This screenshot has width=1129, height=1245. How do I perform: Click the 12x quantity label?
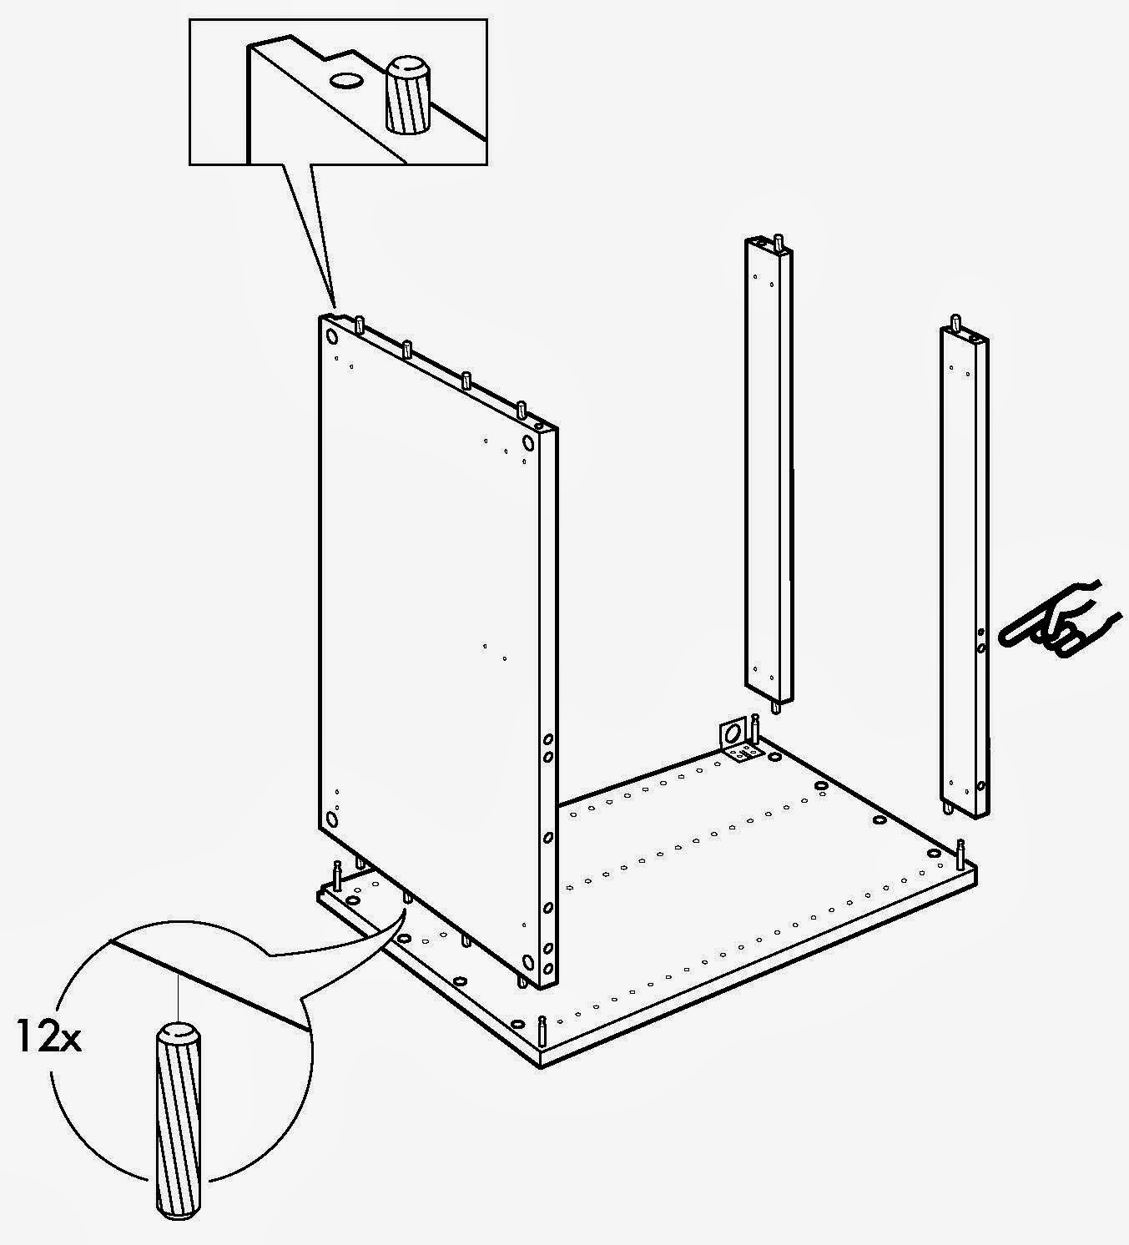[x=48, y=1039]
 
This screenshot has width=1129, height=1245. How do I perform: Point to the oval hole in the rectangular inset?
[x=346, y=81]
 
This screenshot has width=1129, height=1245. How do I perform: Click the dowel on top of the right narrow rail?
[x=954, y=323]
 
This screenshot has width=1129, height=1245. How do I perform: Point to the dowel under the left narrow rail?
[x=777, y=707]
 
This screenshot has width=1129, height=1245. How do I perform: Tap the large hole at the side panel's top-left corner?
[x=331, y=336]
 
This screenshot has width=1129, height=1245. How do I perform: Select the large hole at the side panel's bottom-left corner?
[x=333, y=819]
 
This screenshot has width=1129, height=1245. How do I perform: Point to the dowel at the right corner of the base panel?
[x=960, y=853]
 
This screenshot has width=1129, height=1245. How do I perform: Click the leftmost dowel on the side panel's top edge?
[x=360, y=325]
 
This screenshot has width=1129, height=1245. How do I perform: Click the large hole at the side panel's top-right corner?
[x=527, y=441]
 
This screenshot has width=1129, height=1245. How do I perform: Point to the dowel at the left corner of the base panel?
[x=337, y=875]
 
